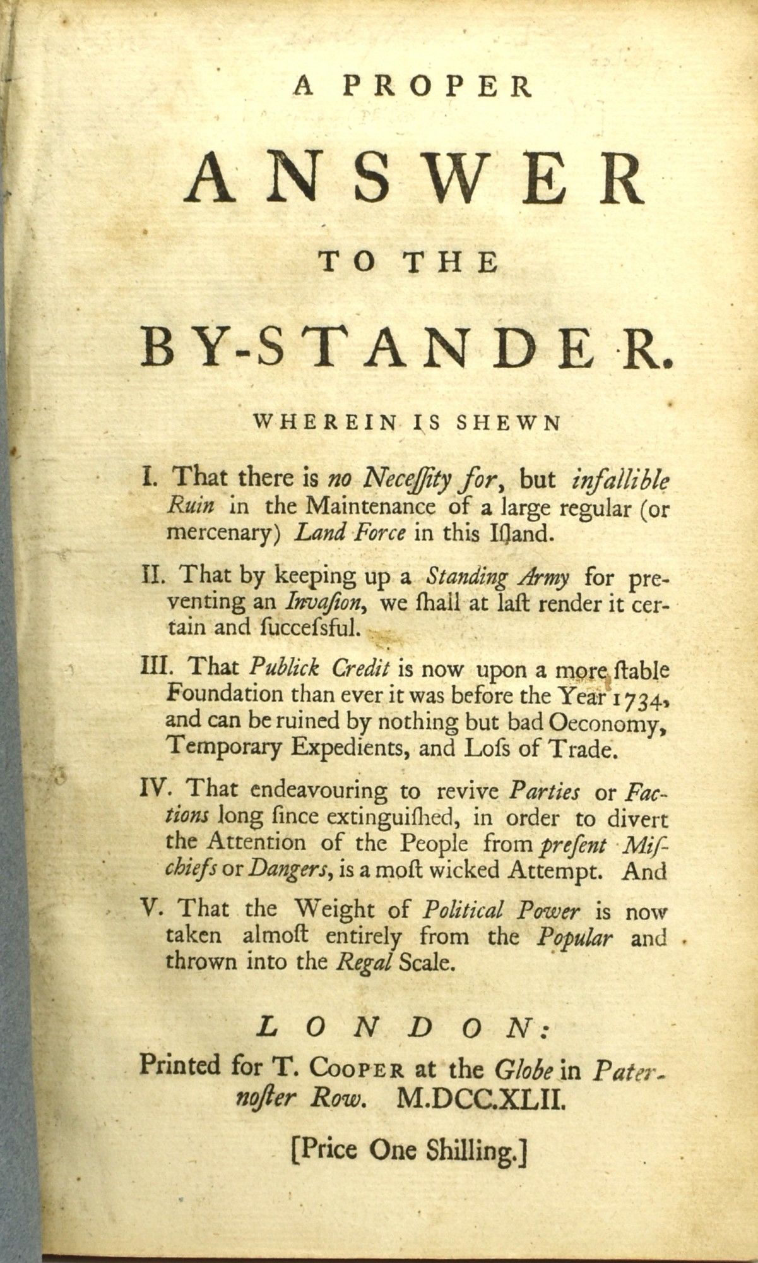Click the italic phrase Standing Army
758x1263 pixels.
pyautogui.click(x=499, y=577)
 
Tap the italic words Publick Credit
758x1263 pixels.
pyautogui.click(x=322, y=667)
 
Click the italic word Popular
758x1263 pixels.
pyautogui.click(x=574, y=937)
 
